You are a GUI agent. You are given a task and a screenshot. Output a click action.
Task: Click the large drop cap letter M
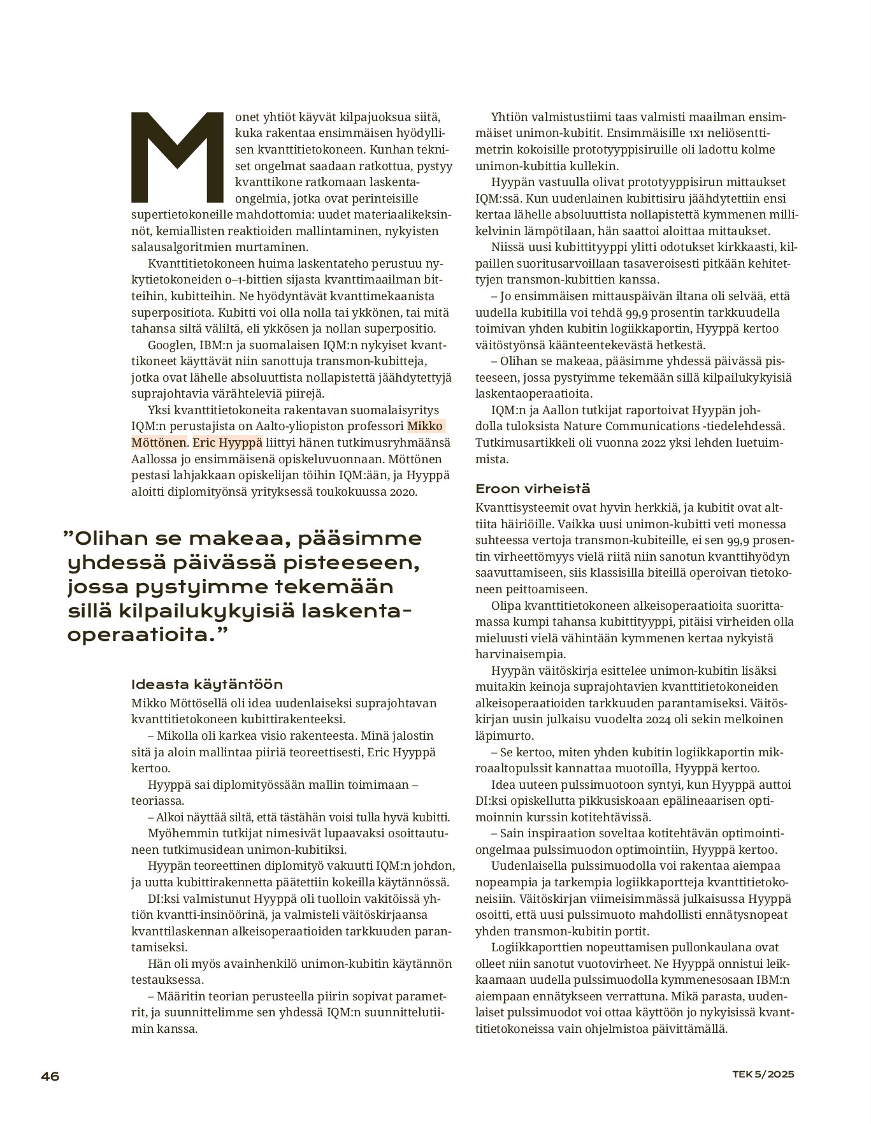pyautogui.click(x=177, y=157)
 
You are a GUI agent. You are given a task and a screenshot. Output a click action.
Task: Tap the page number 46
pyautogui.click(x=50, y=1076)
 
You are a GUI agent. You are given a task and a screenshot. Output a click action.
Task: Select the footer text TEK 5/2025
pyautogui.click(x=763, y=1074)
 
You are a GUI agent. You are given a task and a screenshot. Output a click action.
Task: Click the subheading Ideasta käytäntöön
pyautogui.click(x=207, y=684)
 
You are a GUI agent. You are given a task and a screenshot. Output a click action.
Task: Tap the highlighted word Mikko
pyautogui.click(x=426, y=426)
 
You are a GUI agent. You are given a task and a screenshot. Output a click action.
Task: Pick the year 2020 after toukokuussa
pyautogui.click(x=403, y=492)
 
